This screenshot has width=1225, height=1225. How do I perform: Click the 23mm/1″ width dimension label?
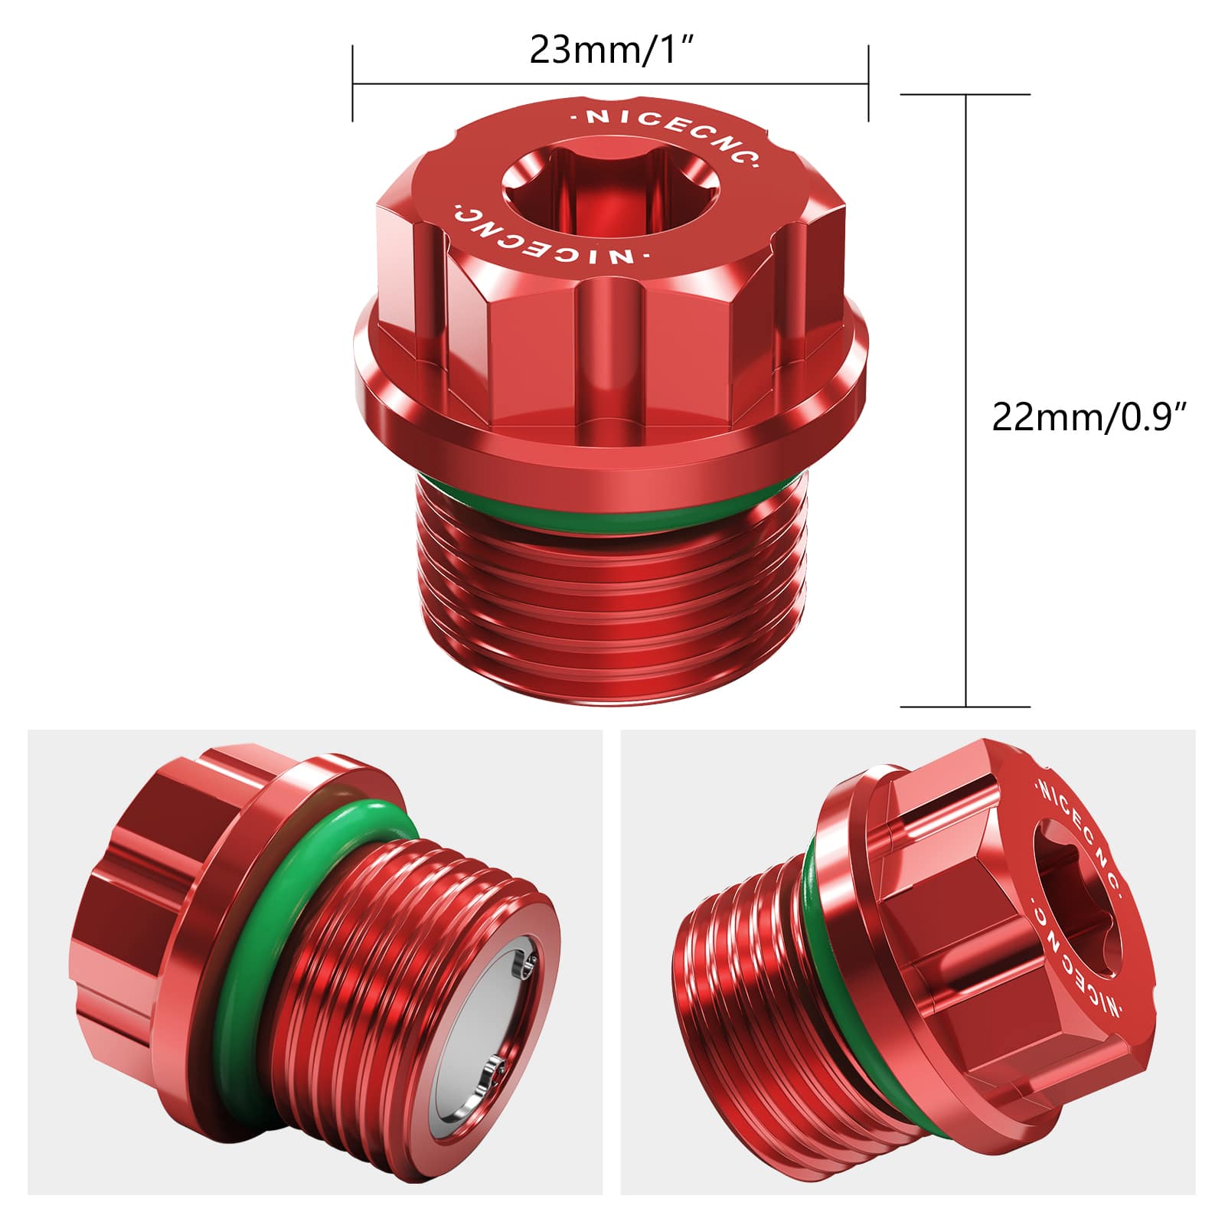(611, 51)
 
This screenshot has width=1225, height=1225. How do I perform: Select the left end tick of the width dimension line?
(353, 83)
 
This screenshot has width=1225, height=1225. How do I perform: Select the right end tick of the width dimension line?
(868, 83)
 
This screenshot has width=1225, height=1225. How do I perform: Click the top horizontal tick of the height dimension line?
(965, 94)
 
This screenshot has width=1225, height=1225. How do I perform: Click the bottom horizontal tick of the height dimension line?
(965, 707)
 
